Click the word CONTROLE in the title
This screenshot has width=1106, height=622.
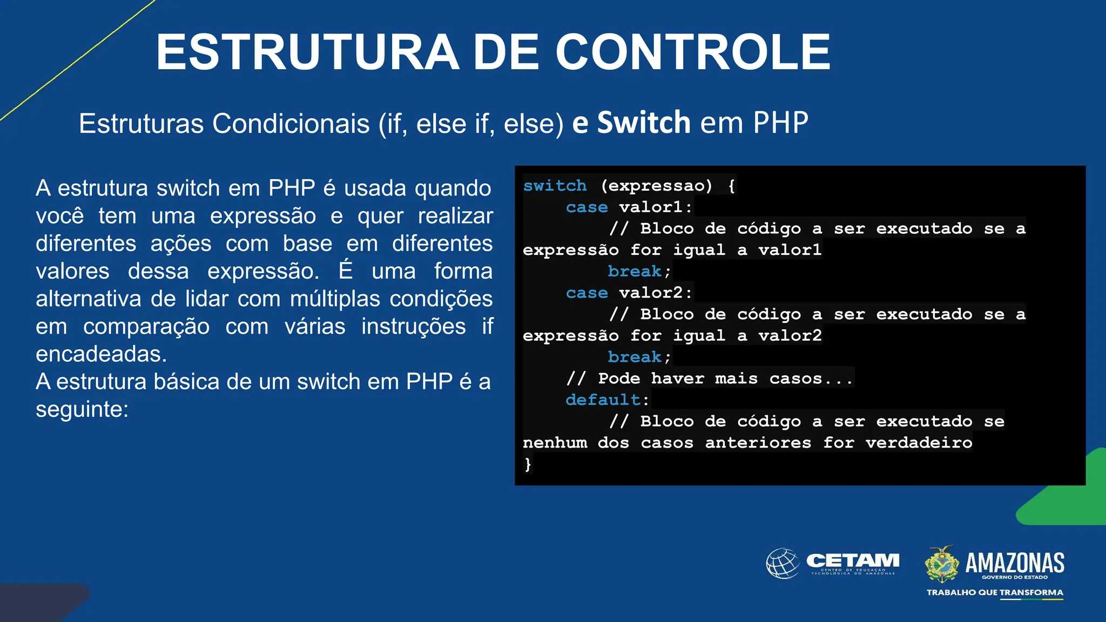point(693,52)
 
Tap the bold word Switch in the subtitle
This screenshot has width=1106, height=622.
point(644,123)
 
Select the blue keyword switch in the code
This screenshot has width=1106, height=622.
point(555,186)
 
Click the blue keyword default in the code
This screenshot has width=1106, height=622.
point(603,400)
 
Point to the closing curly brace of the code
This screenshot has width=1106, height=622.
point(528,464)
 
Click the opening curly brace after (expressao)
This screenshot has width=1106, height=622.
point(731,186)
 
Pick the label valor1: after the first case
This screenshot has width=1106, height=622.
point(655,207)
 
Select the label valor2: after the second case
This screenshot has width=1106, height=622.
point(655,293)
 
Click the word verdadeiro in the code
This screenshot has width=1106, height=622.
point(919,443)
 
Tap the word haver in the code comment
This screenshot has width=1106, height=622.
point(677,378)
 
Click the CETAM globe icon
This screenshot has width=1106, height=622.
point(783,563)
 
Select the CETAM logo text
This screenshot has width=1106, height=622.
point(853,561)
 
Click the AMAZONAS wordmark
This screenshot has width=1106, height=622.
point(1015,563)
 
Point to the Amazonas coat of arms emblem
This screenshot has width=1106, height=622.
point(942,564)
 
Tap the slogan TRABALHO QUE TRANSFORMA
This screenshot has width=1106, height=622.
point(995,592)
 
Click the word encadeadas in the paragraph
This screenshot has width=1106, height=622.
point(101,354)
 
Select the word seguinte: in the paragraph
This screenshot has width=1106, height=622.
point(82,409)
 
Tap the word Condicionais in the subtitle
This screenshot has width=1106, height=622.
point(291,124)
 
